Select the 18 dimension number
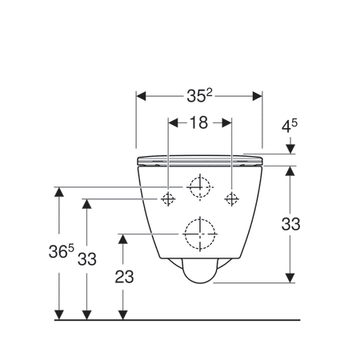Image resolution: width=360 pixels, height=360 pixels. pos(199,123)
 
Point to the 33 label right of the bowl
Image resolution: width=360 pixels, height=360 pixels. pos(290,225)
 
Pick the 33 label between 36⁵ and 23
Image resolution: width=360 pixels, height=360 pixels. pos(86,258)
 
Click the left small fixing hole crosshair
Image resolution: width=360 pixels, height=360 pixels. pos(169,198)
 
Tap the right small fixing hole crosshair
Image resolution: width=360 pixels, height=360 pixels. pos(232,198)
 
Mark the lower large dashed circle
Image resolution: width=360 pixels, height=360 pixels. pos(199,234)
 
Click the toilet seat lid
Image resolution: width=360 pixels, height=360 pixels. pos(200,160)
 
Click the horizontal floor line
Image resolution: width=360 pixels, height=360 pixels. pos(176,319)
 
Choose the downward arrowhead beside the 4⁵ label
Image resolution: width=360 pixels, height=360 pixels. pos(290,149)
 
